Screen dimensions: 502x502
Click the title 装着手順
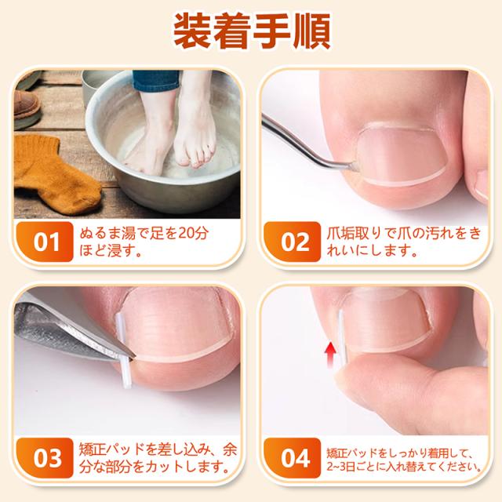(252, 31)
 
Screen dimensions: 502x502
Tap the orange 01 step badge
(45, 242)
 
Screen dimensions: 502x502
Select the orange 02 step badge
(293, 242)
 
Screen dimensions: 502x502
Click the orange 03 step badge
(45, 458)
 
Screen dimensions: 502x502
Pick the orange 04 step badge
(293, 458)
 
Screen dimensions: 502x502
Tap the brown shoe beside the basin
(27, 106)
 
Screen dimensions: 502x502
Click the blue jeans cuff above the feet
(155, 80)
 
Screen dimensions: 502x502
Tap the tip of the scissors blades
(134, 355)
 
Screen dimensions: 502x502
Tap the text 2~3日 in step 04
(340, 467)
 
